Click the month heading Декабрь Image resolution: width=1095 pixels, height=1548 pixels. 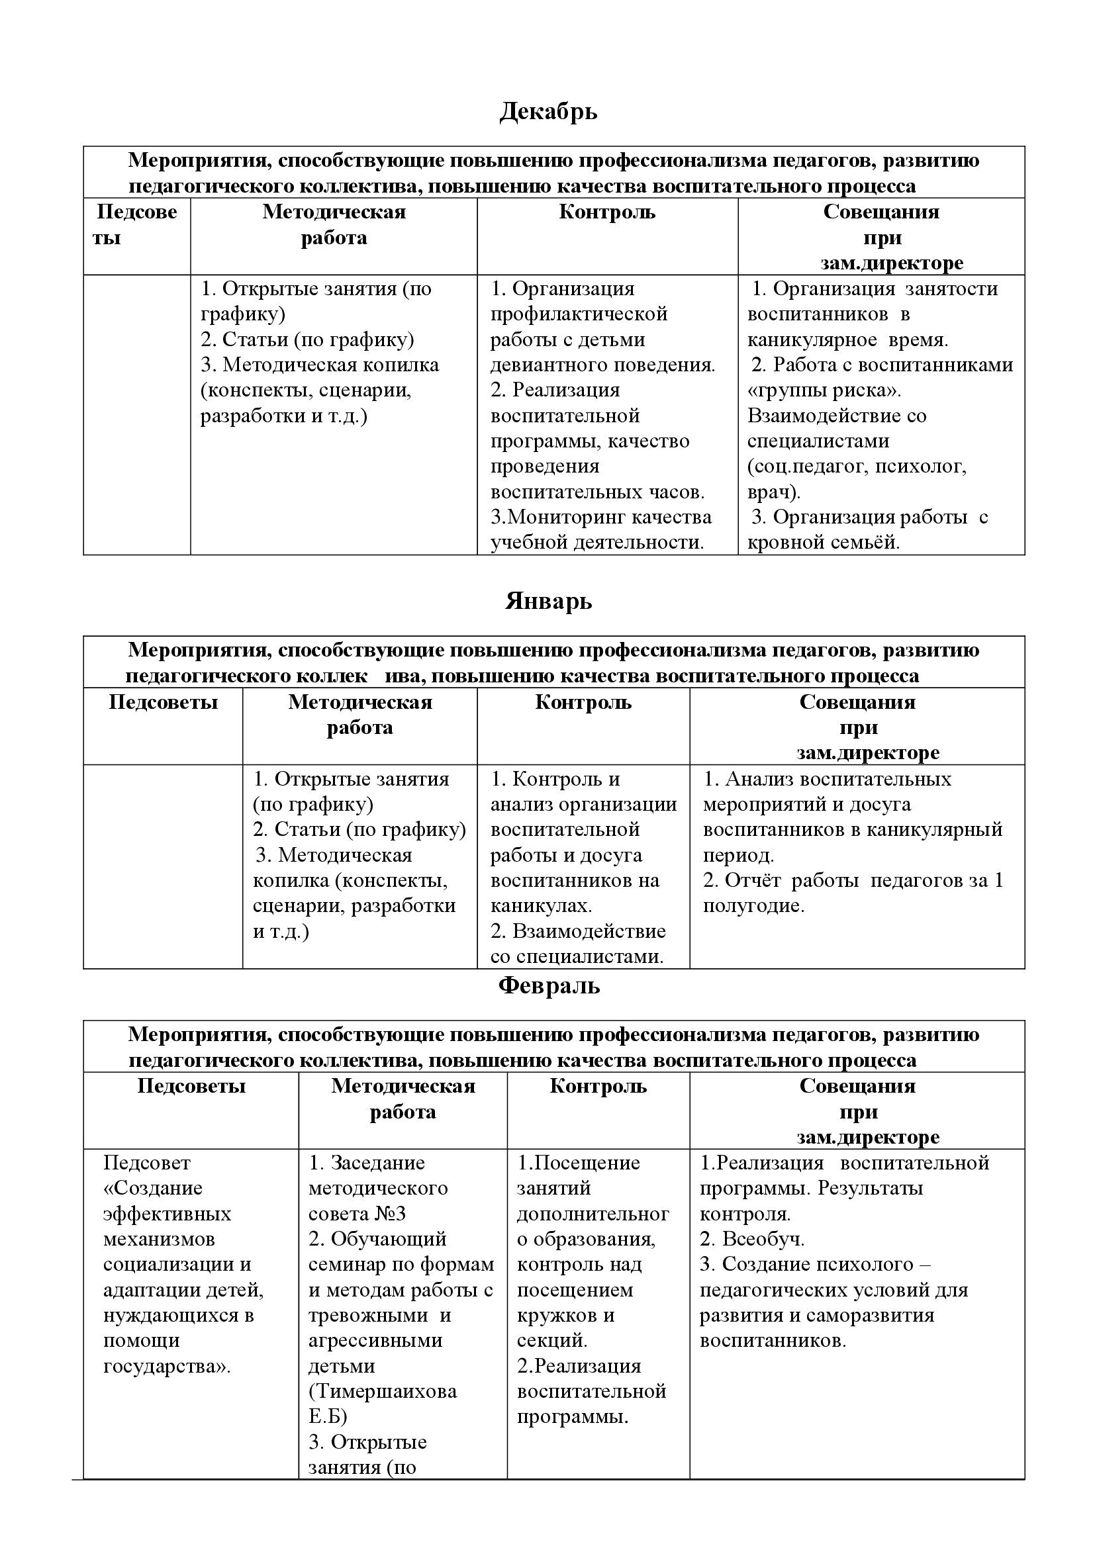click(x=548, y=111)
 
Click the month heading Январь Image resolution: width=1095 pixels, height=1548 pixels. click(x=548, y=601)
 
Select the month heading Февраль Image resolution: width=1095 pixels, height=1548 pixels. click(x=548, y=985)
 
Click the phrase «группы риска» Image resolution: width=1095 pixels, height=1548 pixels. click(x=824, y=390)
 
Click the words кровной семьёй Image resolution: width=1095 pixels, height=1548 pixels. click(x=824, y=542)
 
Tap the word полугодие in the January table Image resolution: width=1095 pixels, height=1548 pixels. click(x=753, y=905)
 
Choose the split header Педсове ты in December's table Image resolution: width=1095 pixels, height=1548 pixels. click(x=136, y=224)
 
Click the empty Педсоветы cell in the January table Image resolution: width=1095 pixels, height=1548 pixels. click(x=162, y=866)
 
